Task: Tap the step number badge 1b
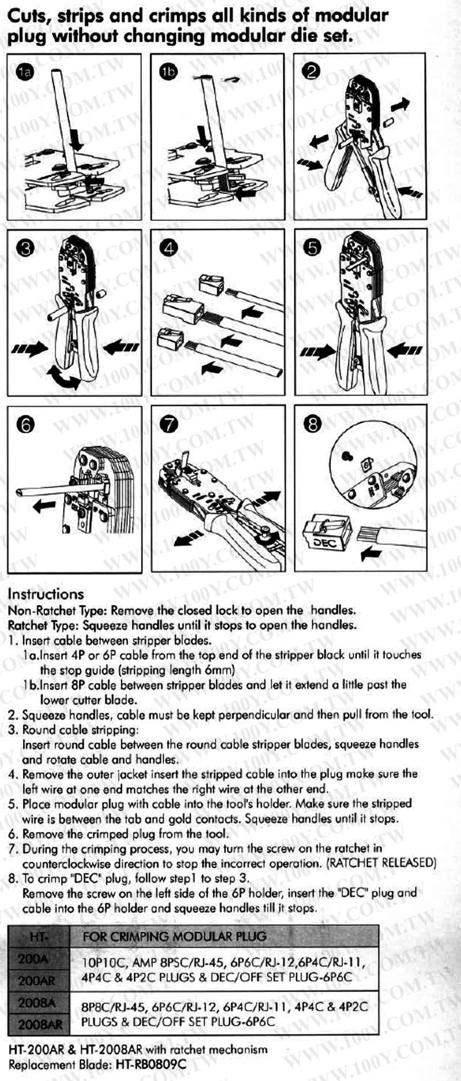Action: (168, 71)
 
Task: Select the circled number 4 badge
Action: (169, 248)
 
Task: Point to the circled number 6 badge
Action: (26, 425)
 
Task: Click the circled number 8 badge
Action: (312, 424)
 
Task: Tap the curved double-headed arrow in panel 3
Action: (64, 377)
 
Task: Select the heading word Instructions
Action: (46, 594)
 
